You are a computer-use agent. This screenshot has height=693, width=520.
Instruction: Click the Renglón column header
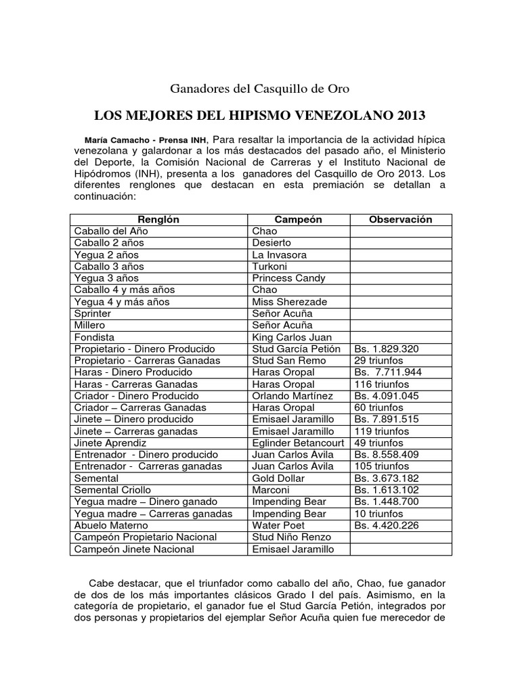tap(158, 219)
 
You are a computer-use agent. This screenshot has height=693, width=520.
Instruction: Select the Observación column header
tap(400, 219)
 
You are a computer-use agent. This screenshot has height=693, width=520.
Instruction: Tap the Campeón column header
tap(298, 219)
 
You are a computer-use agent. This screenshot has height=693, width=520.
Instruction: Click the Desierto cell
tap(272, 243)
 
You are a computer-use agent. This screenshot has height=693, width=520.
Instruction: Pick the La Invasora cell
tap(279, 255)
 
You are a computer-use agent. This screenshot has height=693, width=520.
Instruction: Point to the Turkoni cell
tap(269, 267)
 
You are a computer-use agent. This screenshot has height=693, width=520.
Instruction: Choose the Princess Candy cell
tap(288, 278)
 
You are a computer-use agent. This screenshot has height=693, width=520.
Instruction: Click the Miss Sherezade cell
tap(289, 302)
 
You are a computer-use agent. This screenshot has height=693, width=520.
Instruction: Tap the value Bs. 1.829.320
tap(386, 349)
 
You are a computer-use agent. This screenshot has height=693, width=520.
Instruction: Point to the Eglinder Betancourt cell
tap(299, 443)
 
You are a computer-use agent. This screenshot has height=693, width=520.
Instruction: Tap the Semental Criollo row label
tap(112, 490)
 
